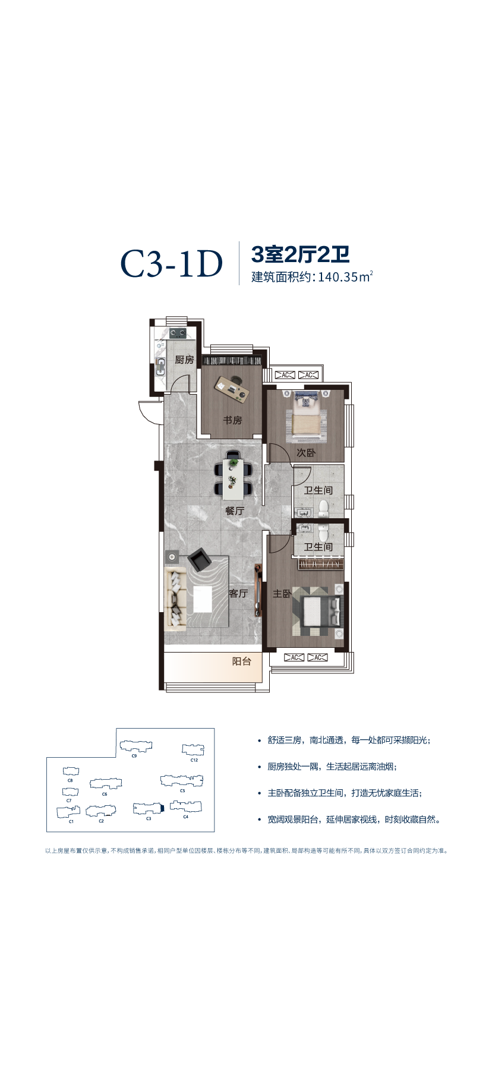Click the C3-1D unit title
click(x=172, y=264)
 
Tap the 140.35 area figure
click(x=339, y=277)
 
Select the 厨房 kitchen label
click(x=184, y=360)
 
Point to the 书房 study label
click(x=232, y=420)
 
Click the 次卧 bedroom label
click(x=306, y=453)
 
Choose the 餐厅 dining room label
click(x=235, y=511)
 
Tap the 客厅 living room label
click(x=238, y=593)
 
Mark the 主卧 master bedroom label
click(x=282, y=594)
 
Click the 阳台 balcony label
click(x=242, y=661)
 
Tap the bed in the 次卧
click(x=306, y=416)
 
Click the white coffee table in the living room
click(x=202, y=599)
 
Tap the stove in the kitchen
click(x=177, y=332)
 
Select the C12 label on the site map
click(x=194, y=760)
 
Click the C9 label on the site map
click(x=134, y=756)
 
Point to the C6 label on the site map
click(x=105, y=794)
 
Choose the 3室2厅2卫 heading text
click(x=301, y=254)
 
